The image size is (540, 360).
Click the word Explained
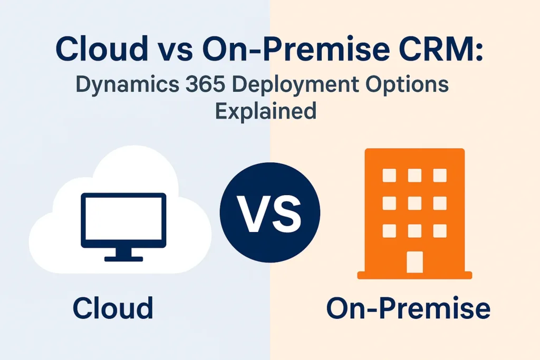pos(266,110)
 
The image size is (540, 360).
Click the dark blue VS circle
pos(270,212)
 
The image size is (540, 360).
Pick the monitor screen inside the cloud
pos(123,220)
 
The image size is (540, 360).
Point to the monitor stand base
pos(123,259)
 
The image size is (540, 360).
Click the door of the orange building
pos(414,262)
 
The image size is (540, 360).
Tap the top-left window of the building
pos(389,175)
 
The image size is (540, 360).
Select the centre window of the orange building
pos(414,203)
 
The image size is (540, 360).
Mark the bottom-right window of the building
pos(440,231)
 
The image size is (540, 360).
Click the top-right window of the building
pos(440,175)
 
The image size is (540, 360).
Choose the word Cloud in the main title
pos(102,48)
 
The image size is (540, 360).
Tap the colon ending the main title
pos(479,52)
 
